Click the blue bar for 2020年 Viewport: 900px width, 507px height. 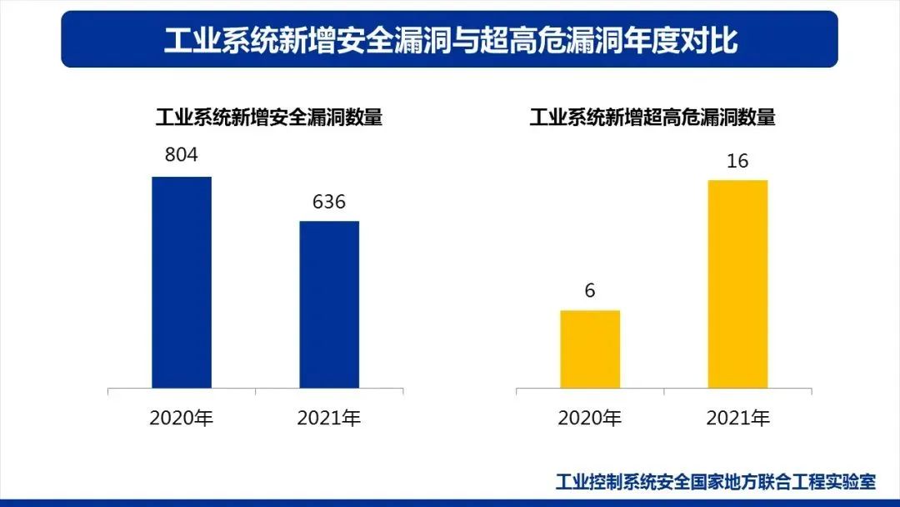[182, 282]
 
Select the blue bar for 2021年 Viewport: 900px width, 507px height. [329, 304]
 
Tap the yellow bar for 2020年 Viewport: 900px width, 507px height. [590, 349]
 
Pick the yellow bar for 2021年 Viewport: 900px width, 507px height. [737, 284]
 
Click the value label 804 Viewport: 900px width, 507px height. [182, 155]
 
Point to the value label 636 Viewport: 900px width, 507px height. [329, 202]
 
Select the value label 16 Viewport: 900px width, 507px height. [737, 161]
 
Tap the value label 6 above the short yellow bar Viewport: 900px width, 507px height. [590, 291]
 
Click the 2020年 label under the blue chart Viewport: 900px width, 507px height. [182, 418]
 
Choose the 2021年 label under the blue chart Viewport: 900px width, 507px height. [329, 418]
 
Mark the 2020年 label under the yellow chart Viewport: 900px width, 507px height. [590, 418]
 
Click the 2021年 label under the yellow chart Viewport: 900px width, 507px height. [737, 418]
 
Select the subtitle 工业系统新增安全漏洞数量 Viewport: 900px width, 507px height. [269, 118]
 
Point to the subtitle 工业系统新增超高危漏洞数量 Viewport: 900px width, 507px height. [652, 118]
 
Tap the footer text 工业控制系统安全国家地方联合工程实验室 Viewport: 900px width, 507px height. [716, 482]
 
